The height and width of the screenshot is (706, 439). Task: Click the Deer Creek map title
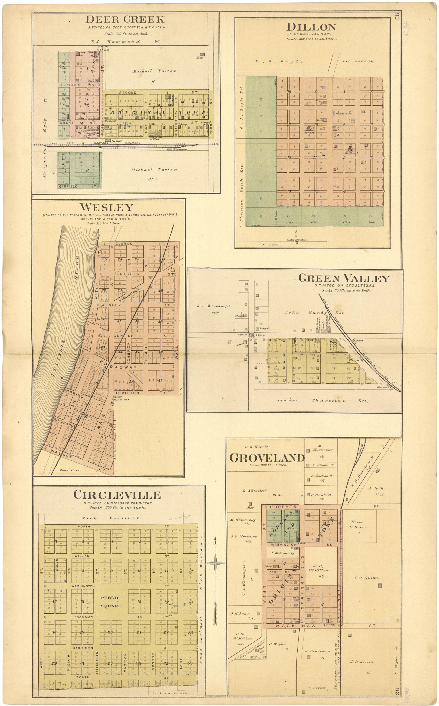click(125, 19)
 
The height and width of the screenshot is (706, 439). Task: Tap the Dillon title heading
click(311, 27)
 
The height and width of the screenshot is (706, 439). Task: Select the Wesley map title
click(107, 207)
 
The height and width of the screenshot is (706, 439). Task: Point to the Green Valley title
click(344, 278)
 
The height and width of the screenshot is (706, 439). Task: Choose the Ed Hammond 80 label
click(125, 42)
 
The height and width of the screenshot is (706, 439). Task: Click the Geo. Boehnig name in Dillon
click(359, 61)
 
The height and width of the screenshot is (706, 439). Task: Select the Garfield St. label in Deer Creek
click(77, 186)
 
